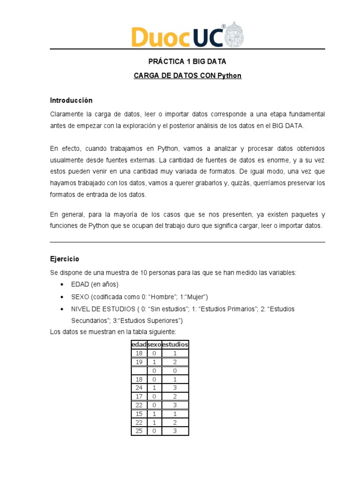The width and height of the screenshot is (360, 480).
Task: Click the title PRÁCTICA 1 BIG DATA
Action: pos(187,61)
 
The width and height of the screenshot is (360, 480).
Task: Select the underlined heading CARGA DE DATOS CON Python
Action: pos(187,75)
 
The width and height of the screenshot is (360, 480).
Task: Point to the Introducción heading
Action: pos(71,100)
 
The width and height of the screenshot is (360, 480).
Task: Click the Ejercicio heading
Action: pos(65,259)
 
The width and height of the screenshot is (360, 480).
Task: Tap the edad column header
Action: pos(139,345)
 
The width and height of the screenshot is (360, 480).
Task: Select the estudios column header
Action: pos(174,345)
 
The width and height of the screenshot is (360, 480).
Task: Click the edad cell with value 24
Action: pos(139,388)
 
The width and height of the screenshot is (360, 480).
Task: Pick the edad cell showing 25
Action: pos(139,431)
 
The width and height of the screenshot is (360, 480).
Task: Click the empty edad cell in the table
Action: pos(139,370)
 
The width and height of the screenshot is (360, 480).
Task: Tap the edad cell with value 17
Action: pos(139,396)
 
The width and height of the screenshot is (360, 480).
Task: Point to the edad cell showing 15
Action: pos(139,413)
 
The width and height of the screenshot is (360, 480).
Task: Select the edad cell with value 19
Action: pos(139,362)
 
